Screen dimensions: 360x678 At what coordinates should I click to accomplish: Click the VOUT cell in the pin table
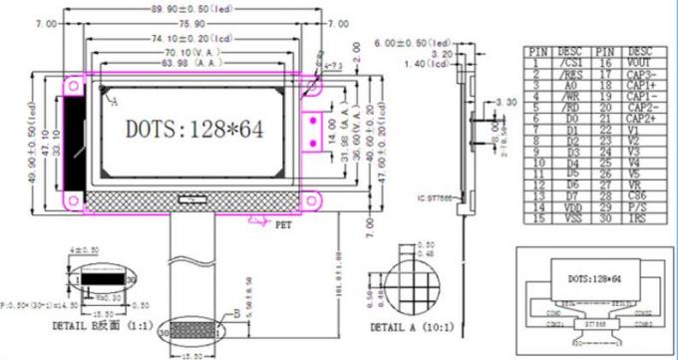pos(640,62)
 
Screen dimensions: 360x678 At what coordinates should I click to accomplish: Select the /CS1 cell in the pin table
pos(571,62)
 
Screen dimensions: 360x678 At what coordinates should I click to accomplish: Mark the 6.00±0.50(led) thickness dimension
pos(413,42)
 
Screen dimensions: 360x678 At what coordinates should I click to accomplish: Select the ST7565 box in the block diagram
pos(594,323)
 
